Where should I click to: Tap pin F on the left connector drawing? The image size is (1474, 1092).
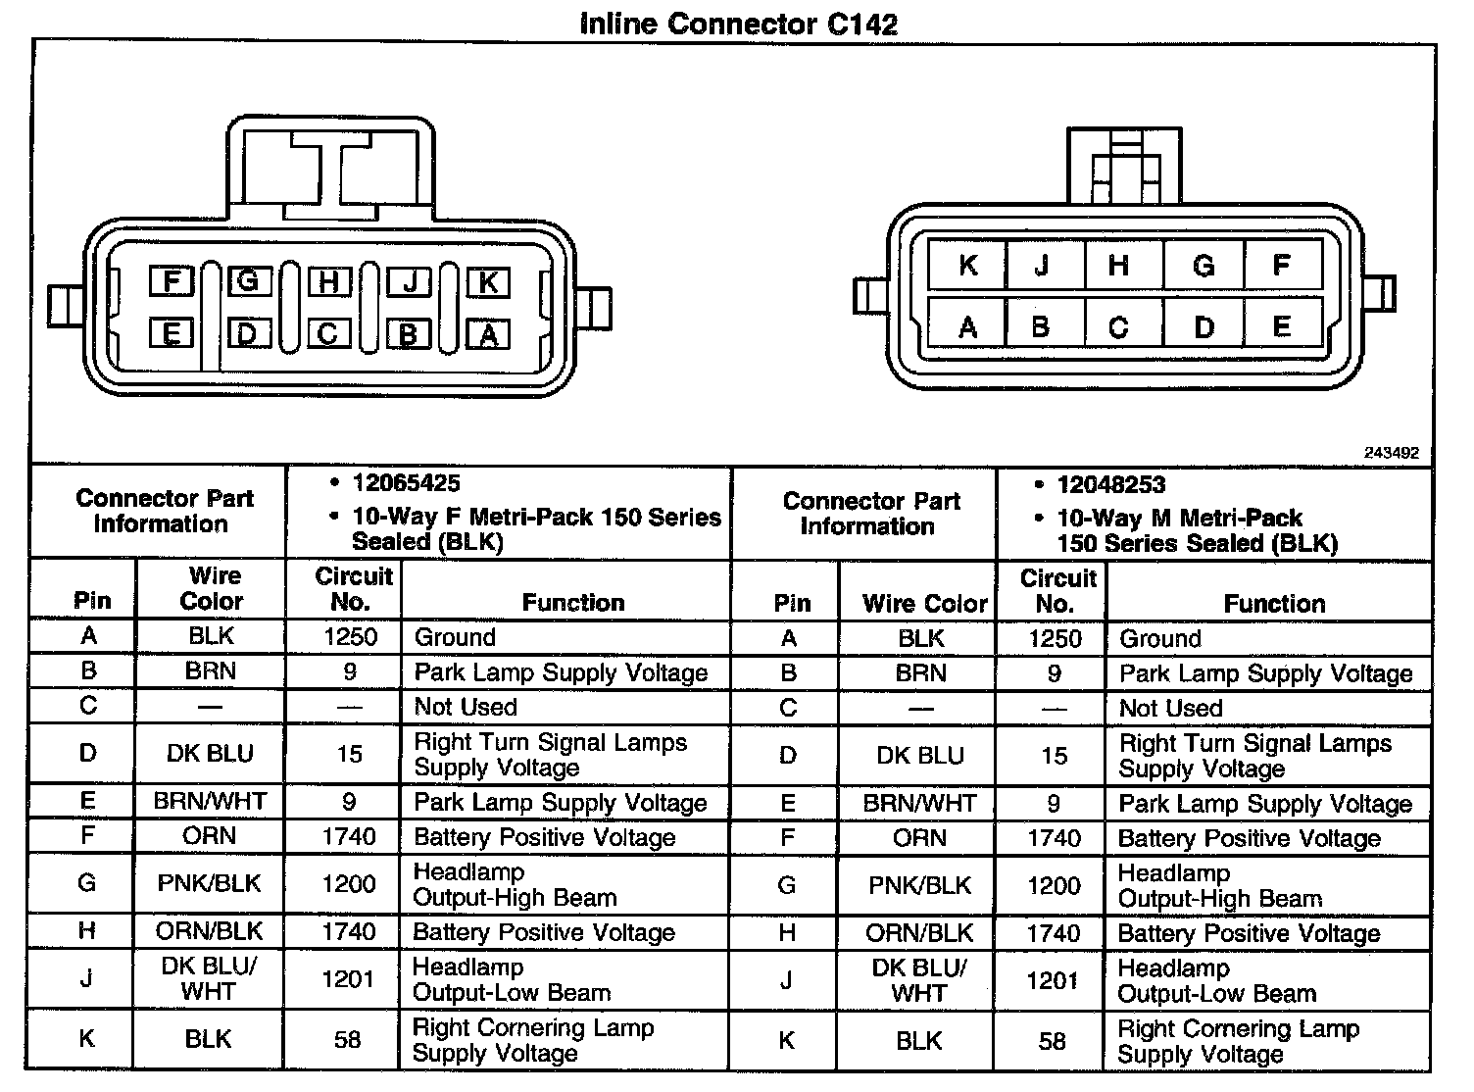point(172,282)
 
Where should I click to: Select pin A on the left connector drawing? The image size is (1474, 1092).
point(487,335)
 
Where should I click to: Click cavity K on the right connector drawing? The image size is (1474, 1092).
point(967,265)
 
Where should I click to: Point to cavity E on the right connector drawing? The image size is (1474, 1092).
point(1281,326)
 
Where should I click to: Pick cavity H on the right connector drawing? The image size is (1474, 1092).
point(1118,265)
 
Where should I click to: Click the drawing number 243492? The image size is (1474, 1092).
point(1391,453)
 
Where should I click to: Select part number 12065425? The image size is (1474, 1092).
point(407,483)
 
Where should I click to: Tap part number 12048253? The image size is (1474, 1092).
point(1111,485)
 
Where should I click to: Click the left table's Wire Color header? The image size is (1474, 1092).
point(212,588)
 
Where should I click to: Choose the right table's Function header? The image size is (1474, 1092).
point(1274,604)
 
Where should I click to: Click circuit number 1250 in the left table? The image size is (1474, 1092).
point(350,637)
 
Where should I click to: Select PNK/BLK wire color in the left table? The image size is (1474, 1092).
point(210,884)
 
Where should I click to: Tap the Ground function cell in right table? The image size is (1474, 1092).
point(1160,639)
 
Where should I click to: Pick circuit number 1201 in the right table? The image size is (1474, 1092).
point(1053,980)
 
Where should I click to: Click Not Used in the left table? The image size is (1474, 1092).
point(466,707)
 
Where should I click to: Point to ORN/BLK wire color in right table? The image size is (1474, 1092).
point(920,933)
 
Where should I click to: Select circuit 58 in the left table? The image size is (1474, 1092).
point(348,1039)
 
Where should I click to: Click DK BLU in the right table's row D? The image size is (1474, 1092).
point(920,756)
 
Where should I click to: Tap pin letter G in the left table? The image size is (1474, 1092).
point(87,884)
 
